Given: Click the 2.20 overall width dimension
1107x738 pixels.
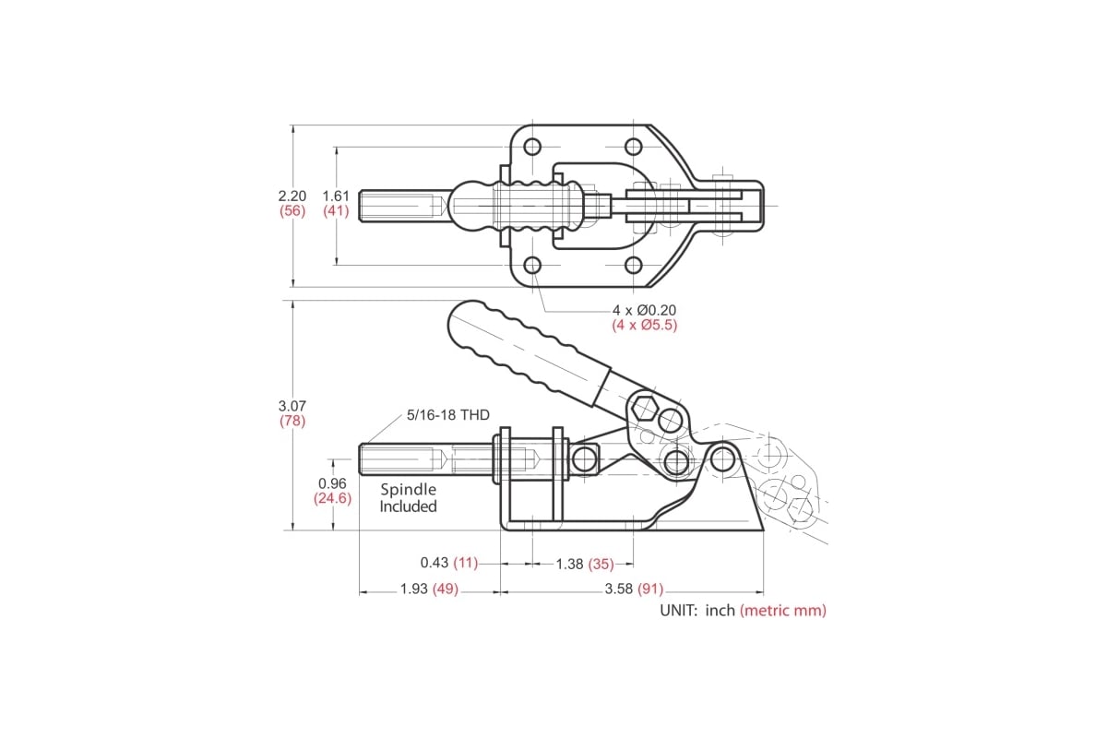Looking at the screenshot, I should [x=292, y=196].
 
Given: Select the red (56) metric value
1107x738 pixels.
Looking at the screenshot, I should [x=292, y=210].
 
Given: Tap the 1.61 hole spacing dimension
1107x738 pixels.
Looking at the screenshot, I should [x=336, y=196].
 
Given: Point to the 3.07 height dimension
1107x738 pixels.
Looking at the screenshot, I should [x=292, y=406].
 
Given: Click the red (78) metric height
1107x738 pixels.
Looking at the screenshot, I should [x=292, y=421].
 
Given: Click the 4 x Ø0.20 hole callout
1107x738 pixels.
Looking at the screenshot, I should [x=644, y=310].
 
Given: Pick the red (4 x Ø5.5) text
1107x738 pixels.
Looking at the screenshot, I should [x=644, y=325].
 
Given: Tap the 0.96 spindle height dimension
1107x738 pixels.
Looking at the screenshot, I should [x=332, y=483].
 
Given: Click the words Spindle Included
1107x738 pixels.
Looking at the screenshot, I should [x=408, y=498].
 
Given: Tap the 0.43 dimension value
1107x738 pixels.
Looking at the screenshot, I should [x=434, y=563].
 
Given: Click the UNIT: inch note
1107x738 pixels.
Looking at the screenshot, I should [x=697, y=610].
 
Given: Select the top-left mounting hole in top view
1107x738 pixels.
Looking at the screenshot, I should [x=532, y=147].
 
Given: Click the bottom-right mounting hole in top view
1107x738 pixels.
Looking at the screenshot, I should [x=633, y=266].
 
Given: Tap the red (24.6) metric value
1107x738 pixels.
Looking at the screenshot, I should [x=332, y=498].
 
